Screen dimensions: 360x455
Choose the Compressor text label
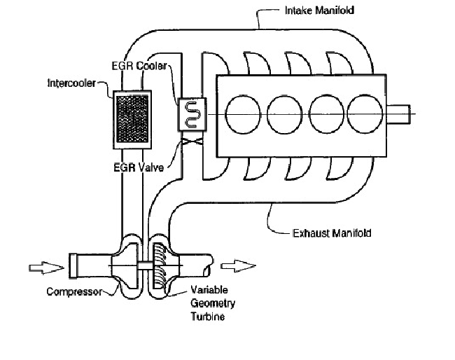pyautogui.click(x=73, y=291)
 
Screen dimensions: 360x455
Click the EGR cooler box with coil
pyautogui.click(x=191, y=115)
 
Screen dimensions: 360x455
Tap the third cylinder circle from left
pyautogui.click(x=323, y=115)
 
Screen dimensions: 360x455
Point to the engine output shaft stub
pyautogui.click(x=401, y=115)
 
